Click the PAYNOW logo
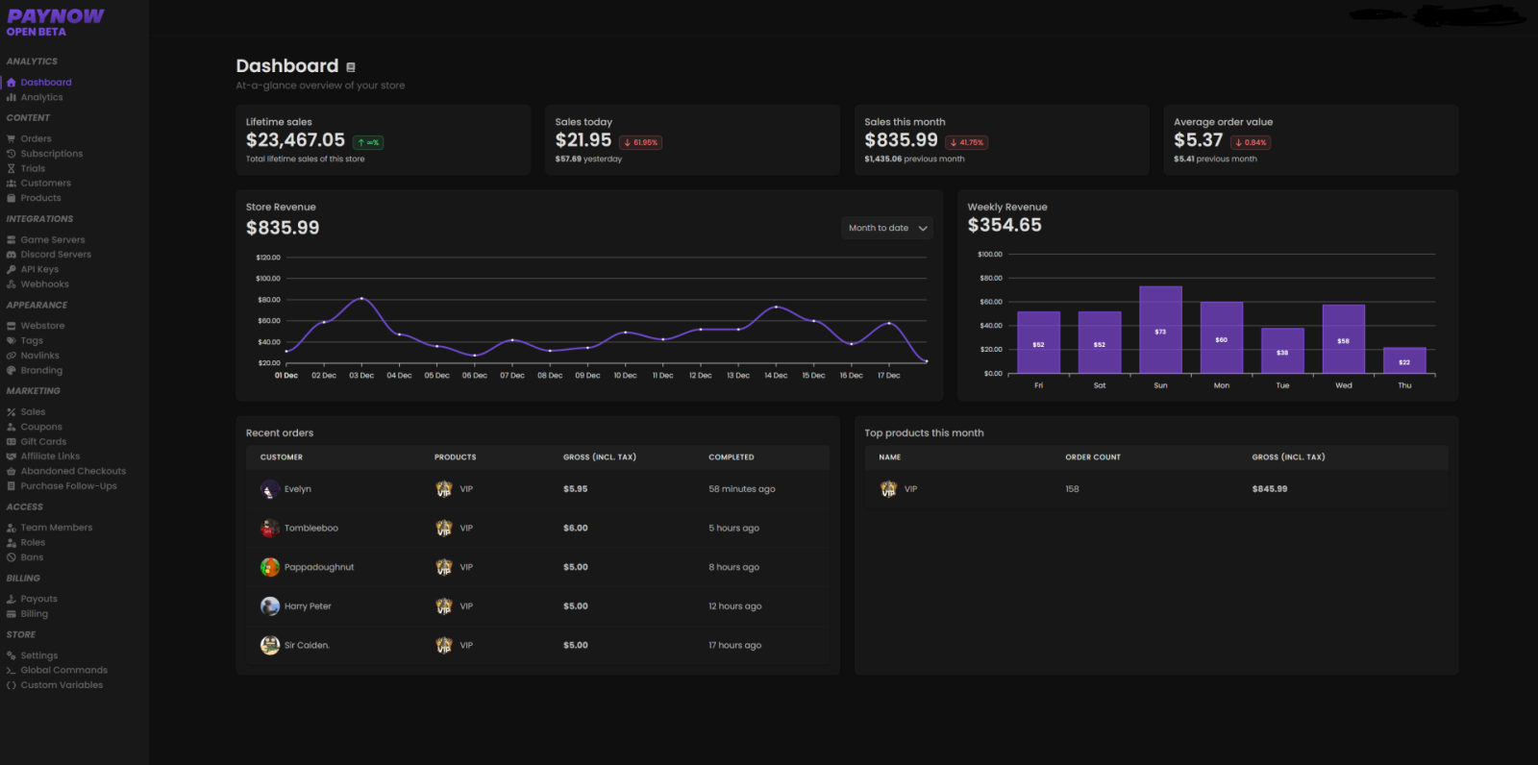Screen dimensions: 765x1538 pos(55,16)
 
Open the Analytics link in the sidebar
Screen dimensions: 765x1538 pos(41,97)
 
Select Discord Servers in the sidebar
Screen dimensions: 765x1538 pos(56,255)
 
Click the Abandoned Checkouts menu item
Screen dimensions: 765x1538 pos(73,471)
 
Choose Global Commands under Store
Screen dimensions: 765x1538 pos(63,670)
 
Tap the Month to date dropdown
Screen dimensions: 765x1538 pos(887,228)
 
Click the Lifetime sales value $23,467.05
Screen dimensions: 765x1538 pos(295,140)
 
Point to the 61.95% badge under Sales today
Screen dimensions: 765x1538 pos(641,142)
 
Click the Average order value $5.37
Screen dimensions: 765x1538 pos(1198,140)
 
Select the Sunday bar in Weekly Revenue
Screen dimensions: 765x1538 pos(1160,330)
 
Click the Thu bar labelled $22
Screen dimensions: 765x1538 pos(1404,360)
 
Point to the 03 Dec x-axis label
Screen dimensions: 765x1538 pos(361,376)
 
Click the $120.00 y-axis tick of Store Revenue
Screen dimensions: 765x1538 pos(268,258)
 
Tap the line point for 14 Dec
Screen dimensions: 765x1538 pos(776,307)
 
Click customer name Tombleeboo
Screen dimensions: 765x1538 pos(310,528)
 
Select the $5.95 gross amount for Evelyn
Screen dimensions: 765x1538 pos(575,489)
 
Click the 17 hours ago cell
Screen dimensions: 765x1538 pos(734,645)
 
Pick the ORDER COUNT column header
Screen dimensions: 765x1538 pos(1093,457)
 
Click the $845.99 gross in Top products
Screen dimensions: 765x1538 pos(1269,489)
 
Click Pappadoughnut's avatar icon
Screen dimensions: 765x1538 pos(270,567)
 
